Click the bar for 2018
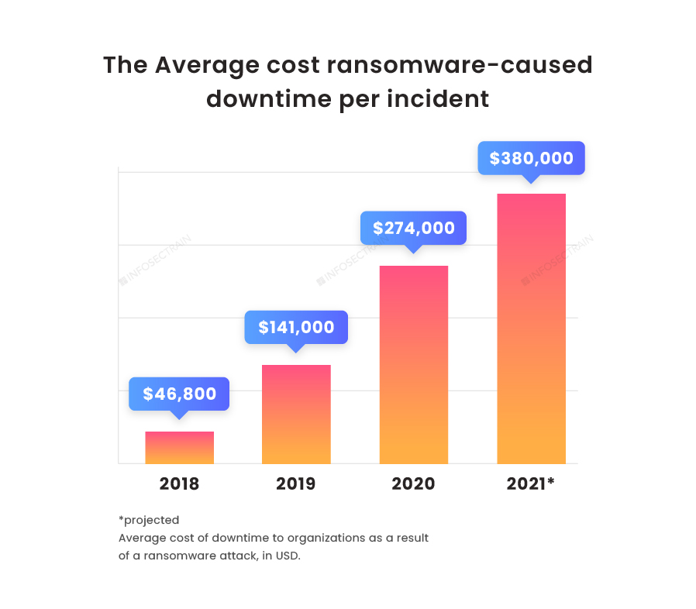coord(179,448)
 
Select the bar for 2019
coord(296,415)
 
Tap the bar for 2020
coord(413,365)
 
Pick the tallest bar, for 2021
coord(531,329)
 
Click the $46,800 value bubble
coord(179,394)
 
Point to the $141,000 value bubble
coord(296,327)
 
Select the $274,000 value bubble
coord(413,228)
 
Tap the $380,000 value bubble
coord(531,158)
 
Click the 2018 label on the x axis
coord(179,484)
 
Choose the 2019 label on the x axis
coord(296,484)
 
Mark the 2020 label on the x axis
coord(413,484)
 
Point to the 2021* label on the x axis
coord(531,484)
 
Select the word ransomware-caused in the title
coord(460,66)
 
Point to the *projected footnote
coord(149,520)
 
